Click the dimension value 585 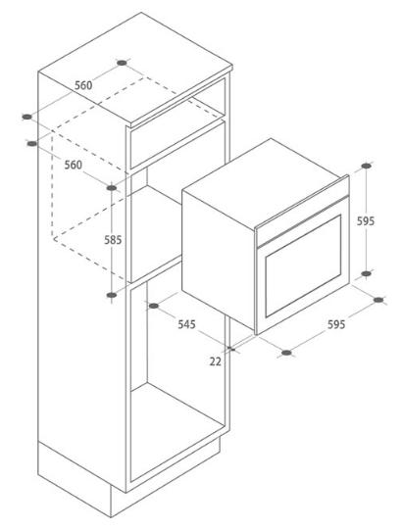113,240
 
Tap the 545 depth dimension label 187,324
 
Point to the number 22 215,361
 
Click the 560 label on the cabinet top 83,85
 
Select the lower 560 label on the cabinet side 74,165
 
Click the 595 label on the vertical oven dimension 366,221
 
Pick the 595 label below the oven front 336,324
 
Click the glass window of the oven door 303,266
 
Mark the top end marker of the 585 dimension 112,187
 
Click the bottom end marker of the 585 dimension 112,295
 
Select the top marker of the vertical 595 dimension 366,166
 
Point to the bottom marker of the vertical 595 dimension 366,273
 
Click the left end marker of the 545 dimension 153,306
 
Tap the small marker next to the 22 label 230,348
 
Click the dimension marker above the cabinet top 123,63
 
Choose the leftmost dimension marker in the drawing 26,117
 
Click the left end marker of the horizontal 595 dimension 286,353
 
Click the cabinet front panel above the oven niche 178,144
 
